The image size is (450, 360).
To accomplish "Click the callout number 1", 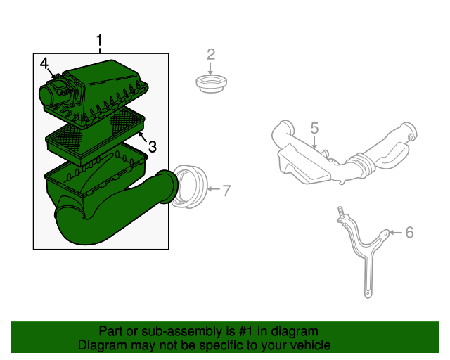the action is click(x=99, y=40).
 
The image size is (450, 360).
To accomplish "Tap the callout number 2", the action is click(x=211, y=55).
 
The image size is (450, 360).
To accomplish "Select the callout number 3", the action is click(x=152, y=147).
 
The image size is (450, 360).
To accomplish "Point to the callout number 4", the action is click(x=44, y=63).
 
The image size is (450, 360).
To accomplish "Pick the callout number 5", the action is click(x=315, y=128).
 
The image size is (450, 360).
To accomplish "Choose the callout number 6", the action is click(x=409, y=232).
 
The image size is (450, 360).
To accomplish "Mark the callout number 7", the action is click(x=226, y=191).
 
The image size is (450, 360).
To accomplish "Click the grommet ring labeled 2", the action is click(x=212, y=84).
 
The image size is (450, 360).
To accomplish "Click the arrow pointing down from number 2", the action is click(x=211, y=69).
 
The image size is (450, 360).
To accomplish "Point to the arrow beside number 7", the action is click(x=214, y=189).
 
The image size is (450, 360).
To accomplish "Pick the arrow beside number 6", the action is click(x=396, y=232).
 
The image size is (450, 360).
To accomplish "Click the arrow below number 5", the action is click(x=315, y=143).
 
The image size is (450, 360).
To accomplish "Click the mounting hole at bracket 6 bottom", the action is click(x=368, y=294).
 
